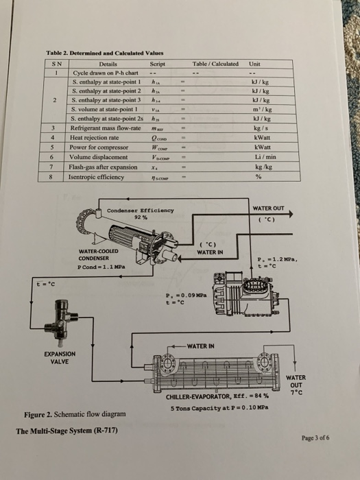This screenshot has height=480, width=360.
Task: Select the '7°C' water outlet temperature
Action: (296, 393)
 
